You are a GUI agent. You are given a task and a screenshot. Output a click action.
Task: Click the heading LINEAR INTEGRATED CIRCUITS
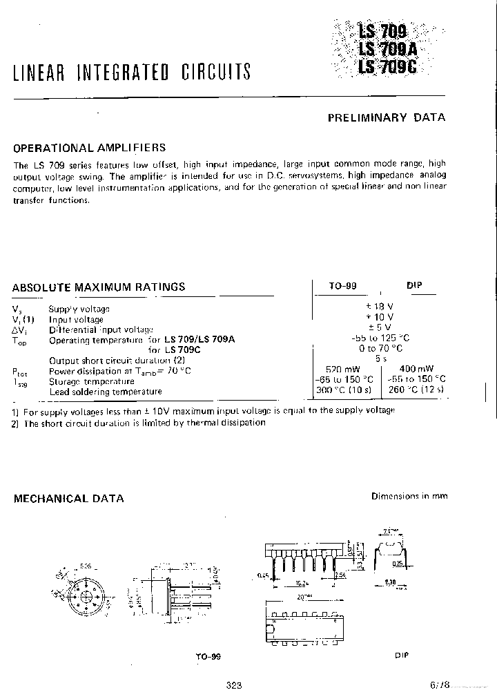132,72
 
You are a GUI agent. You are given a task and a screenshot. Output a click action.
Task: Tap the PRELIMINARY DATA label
386,117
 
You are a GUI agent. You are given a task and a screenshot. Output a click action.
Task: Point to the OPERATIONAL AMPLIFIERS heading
90,148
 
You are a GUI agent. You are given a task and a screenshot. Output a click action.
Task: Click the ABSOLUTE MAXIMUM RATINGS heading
99,287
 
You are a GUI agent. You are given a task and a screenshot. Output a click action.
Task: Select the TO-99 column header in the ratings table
343,286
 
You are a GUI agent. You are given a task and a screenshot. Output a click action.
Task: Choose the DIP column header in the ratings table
415,285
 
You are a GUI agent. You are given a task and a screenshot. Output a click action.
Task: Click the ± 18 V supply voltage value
380,306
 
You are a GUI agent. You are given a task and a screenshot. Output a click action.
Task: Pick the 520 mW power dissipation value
342,370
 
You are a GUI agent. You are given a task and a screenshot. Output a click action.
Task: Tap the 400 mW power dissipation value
416,370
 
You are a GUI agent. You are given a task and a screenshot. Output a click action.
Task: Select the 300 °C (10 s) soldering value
343,390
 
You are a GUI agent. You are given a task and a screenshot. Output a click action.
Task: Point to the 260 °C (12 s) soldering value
416,390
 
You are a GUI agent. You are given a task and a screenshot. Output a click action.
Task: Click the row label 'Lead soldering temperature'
106,392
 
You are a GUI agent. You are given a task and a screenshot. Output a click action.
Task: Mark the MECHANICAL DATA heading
69,498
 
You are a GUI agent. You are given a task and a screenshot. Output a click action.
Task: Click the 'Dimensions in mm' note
408,496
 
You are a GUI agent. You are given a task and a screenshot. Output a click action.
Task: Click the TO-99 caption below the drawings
208,657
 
